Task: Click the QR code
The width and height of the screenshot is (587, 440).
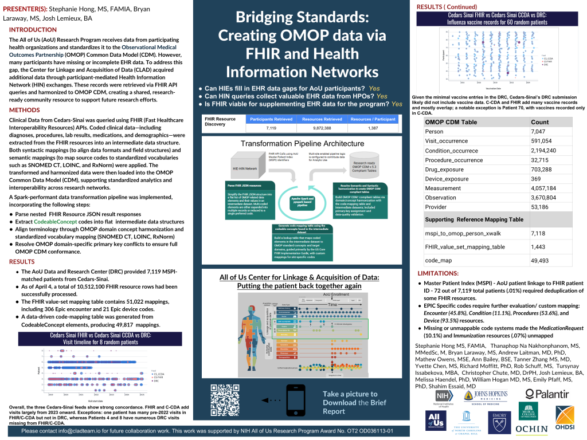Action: coord(225,399)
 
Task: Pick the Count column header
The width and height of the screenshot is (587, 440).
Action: coord(540,122)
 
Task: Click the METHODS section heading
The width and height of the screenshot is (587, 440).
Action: coord(25,109)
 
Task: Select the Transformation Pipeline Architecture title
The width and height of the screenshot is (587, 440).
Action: coord(302,143)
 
